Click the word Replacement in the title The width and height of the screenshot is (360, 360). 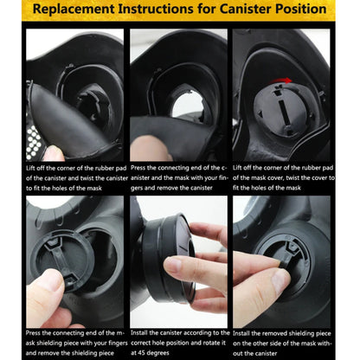pos(74,10)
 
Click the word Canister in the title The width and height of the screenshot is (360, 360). pos(245,9)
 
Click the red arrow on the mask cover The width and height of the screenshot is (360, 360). pos(282,80)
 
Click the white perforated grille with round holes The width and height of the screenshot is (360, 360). pos(34,143)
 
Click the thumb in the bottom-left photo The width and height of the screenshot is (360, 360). pos(45,296)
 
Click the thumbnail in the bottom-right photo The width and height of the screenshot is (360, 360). pos(280,279)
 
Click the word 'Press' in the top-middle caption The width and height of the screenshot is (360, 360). pos(138,168)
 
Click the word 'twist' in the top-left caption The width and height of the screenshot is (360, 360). pos(87,178)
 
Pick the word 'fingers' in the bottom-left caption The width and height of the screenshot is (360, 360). pos(118,343)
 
